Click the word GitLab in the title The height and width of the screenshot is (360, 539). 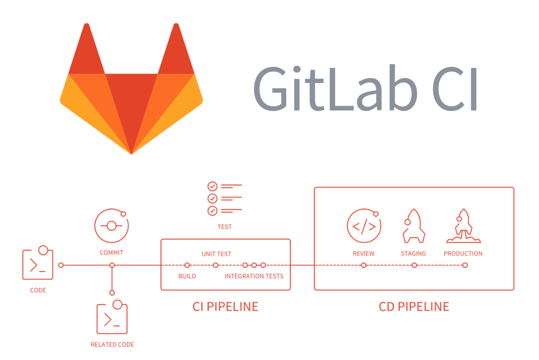pyautogui.click(x=335, y=89)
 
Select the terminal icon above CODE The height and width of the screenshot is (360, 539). pyautogui.click(x=38, y=264)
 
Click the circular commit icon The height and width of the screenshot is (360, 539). pyautogui.click(x=112, y=225)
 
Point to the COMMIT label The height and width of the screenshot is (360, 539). pyautogui.click(x=112, y=253)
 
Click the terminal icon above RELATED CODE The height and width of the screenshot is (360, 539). pyautogui.click(x=112, y=319)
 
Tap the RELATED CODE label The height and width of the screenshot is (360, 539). pyautogui.click(x=112, y=344)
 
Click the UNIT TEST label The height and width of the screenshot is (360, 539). pyautogui.click(x=217, y=254)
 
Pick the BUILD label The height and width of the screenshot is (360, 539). pyautogui.click(x=187, y=276)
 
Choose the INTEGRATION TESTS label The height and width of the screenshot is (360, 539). pyautogui.click(x=254, y=276)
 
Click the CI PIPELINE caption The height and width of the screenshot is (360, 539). pyautogui.click(x=225, y=307)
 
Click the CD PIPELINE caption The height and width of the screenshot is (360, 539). pyautogui.click(x=414, y=307)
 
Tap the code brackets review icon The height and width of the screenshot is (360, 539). pyautogui.click(x=364, y=226)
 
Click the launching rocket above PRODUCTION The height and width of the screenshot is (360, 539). pyautogui.click(x=463, y=225)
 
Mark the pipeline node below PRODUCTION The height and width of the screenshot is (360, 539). pyautogui.click(x=465, y=265)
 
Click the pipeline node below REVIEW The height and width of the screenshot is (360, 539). pyautogui.click(x=364, y=265)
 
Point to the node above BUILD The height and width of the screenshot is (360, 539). pyautogui.click(x=187, y=265)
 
